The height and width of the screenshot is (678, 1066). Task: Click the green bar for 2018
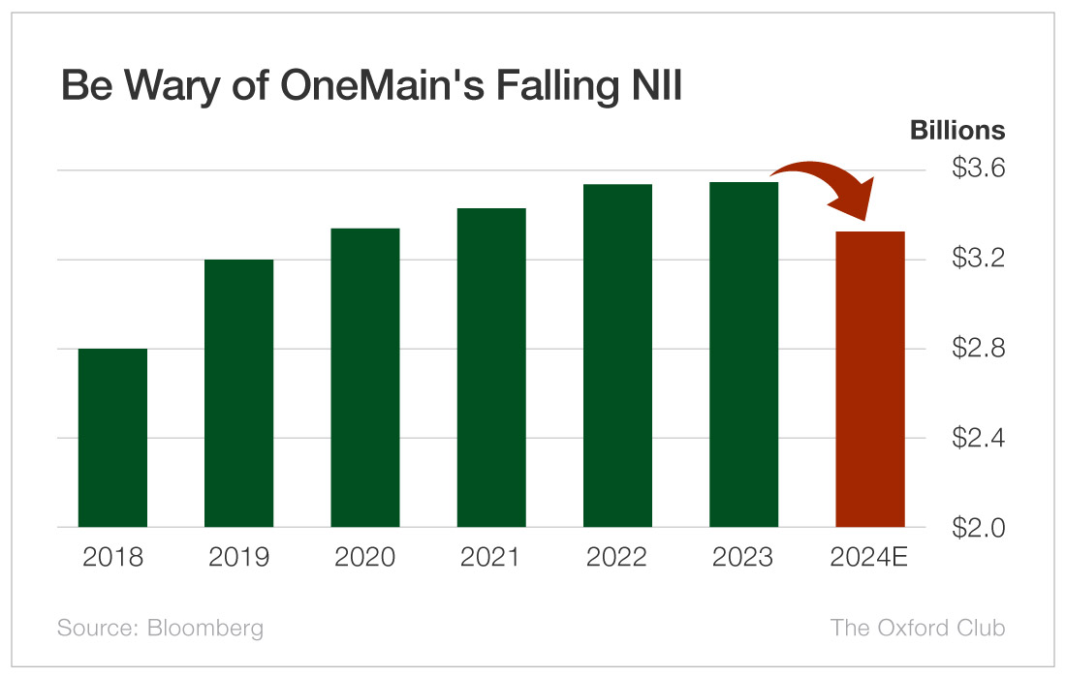(112, 438)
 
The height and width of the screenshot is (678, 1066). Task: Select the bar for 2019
(238, 393)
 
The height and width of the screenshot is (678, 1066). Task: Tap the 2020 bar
(365, 378)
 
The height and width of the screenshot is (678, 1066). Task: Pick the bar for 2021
(491, 368)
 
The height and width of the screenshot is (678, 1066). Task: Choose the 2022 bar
(617, 355)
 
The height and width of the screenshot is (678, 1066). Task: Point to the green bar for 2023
(743, 354)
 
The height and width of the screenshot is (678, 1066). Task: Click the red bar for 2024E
(869, 380)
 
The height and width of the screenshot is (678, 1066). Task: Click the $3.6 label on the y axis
(978, 169)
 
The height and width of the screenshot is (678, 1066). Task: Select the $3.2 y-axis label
(978, 260)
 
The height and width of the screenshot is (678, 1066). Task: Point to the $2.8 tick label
(978, 349)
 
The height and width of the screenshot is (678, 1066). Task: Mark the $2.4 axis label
(978, 438)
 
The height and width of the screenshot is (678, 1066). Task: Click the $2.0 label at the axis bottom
(978, 528)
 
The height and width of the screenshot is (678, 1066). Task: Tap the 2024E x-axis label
(869, 559)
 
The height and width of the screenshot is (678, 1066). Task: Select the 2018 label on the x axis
(112, 559)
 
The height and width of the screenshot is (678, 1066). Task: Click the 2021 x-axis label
(491, 559)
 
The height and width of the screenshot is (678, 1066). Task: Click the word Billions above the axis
(956, 131)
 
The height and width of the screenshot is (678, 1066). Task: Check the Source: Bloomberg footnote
(160, 628)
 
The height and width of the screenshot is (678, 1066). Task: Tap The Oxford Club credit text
(917, 628)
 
